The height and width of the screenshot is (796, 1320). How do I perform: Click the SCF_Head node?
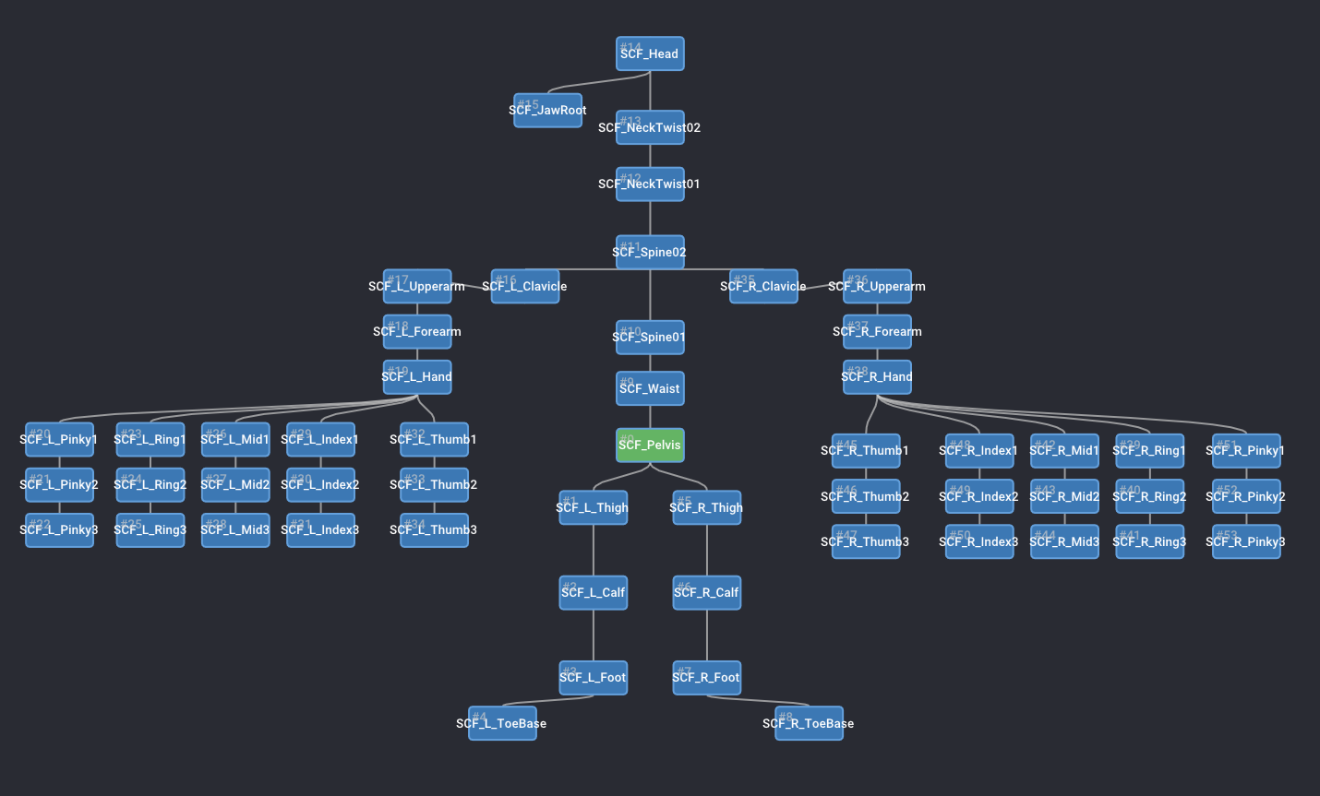(650, 53)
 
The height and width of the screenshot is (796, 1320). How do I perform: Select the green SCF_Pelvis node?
(650, 445)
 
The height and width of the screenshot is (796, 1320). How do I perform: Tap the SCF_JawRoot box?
(547, 110)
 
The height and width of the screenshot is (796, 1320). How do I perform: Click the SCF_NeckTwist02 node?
(650, 127)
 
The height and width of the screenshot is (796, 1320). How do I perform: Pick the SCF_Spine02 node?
(650, 252)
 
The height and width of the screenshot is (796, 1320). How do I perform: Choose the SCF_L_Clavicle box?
(524, 286)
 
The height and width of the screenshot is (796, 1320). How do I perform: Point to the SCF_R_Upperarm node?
(877, 286)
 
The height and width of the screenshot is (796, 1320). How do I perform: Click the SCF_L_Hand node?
(417, 376)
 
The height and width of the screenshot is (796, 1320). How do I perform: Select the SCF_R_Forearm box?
(877, 331)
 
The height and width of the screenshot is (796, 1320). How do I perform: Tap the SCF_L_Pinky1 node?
(59, 439)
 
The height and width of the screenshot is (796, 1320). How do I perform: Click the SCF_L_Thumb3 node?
(434, 529)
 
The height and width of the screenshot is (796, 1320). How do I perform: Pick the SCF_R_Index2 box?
(979, 496)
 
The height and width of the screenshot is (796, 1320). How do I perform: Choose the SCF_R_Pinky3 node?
(1245, 541)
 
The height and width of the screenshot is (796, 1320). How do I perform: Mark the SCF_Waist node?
(650, 388)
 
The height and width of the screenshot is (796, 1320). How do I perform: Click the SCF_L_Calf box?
(594, 592)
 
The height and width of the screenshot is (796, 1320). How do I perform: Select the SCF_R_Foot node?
(706, 677)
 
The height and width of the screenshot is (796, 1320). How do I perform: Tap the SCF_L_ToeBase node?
(502, 723)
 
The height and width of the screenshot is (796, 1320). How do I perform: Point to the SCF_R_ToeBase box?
(809, 723)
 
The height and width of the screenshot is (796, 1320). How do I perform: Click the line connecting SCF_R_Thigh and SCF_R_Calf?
(707, 550)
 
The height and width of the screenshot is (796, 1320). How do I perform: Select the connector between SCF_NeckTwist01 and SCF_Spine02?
(650, 218)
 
